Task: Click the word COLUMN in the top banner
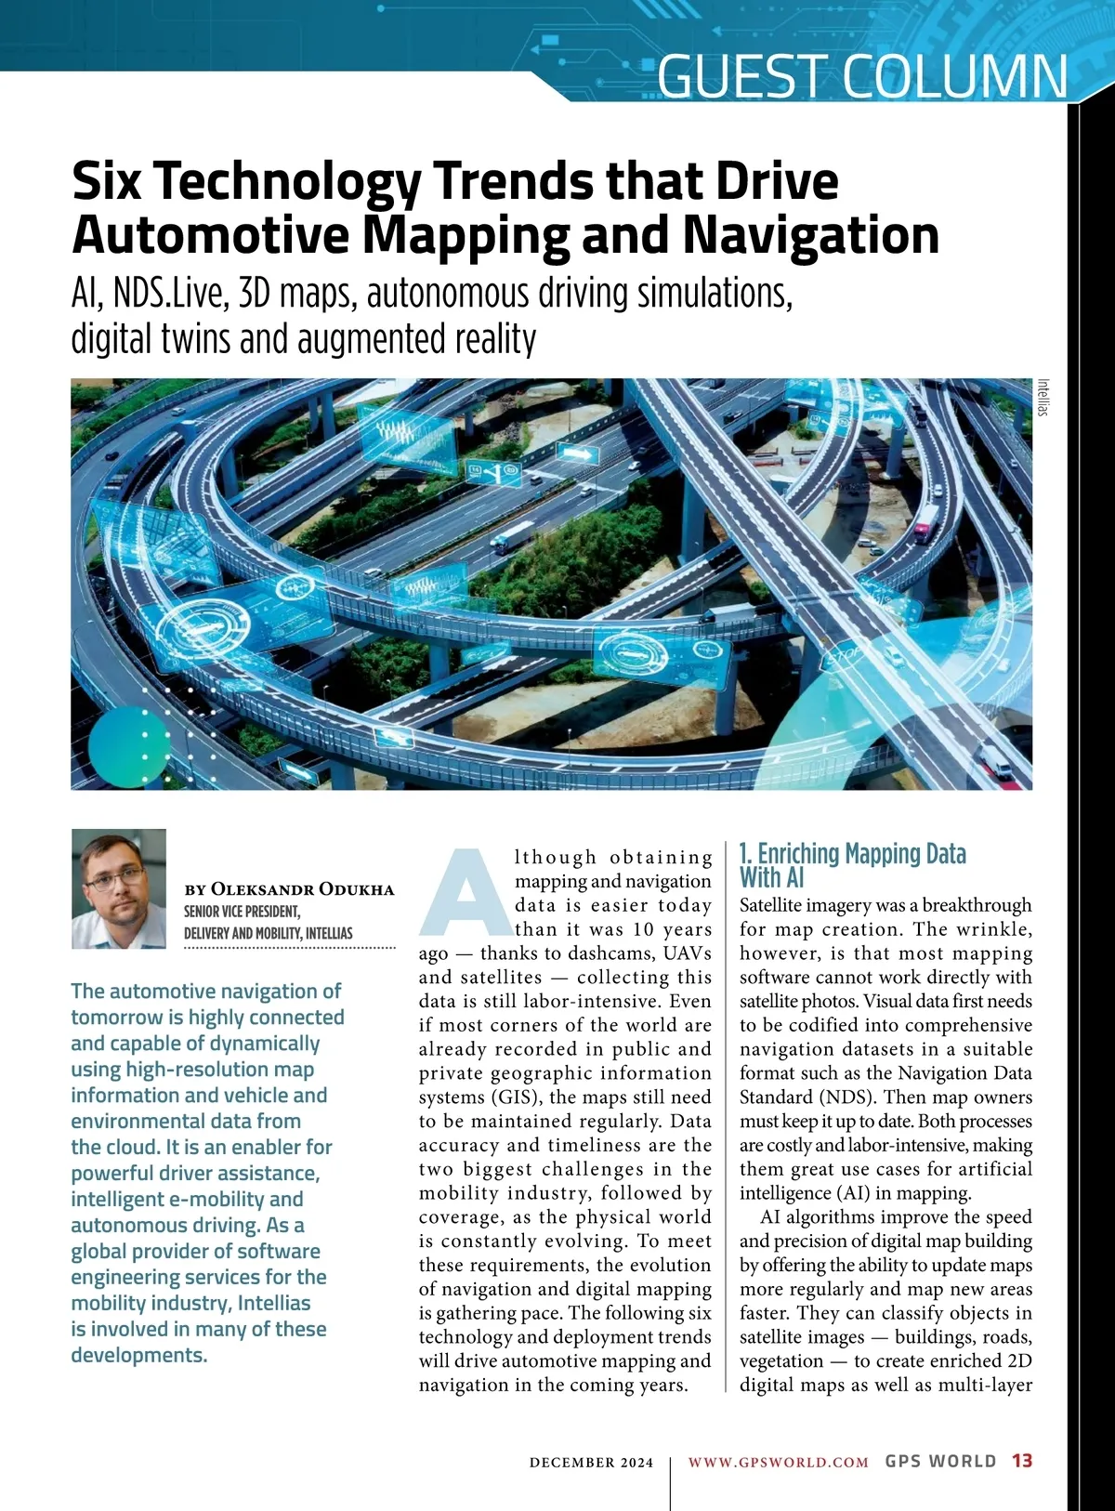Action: [x=956, y=76]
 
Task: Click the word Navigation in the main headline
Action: [x=811, y=234]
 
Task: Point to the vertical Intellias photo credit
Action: [x=1043, y=397]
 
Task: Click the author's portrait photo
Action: [x=119, y=888]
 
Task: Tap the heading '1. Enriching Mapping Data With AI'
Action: [x=852, y=865]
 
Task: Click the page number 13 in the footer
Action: [x=1022, y=1461]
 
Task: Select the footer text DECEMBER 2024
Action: [x=591, y=1463]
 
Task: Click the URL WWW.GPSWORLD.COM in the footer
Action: [x=778, y=1463]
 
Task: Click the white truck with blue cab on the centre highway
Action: [x=513, y=536]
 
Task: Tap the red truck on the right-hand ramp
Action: [x=925, y=522]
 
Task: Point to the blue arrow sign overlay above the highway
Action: [x=578, y=454]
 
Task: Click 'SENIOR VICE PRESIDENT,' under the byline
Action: [x=242, y=912]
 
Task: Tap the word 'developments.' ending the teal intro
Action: [x=139, y=1355]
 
